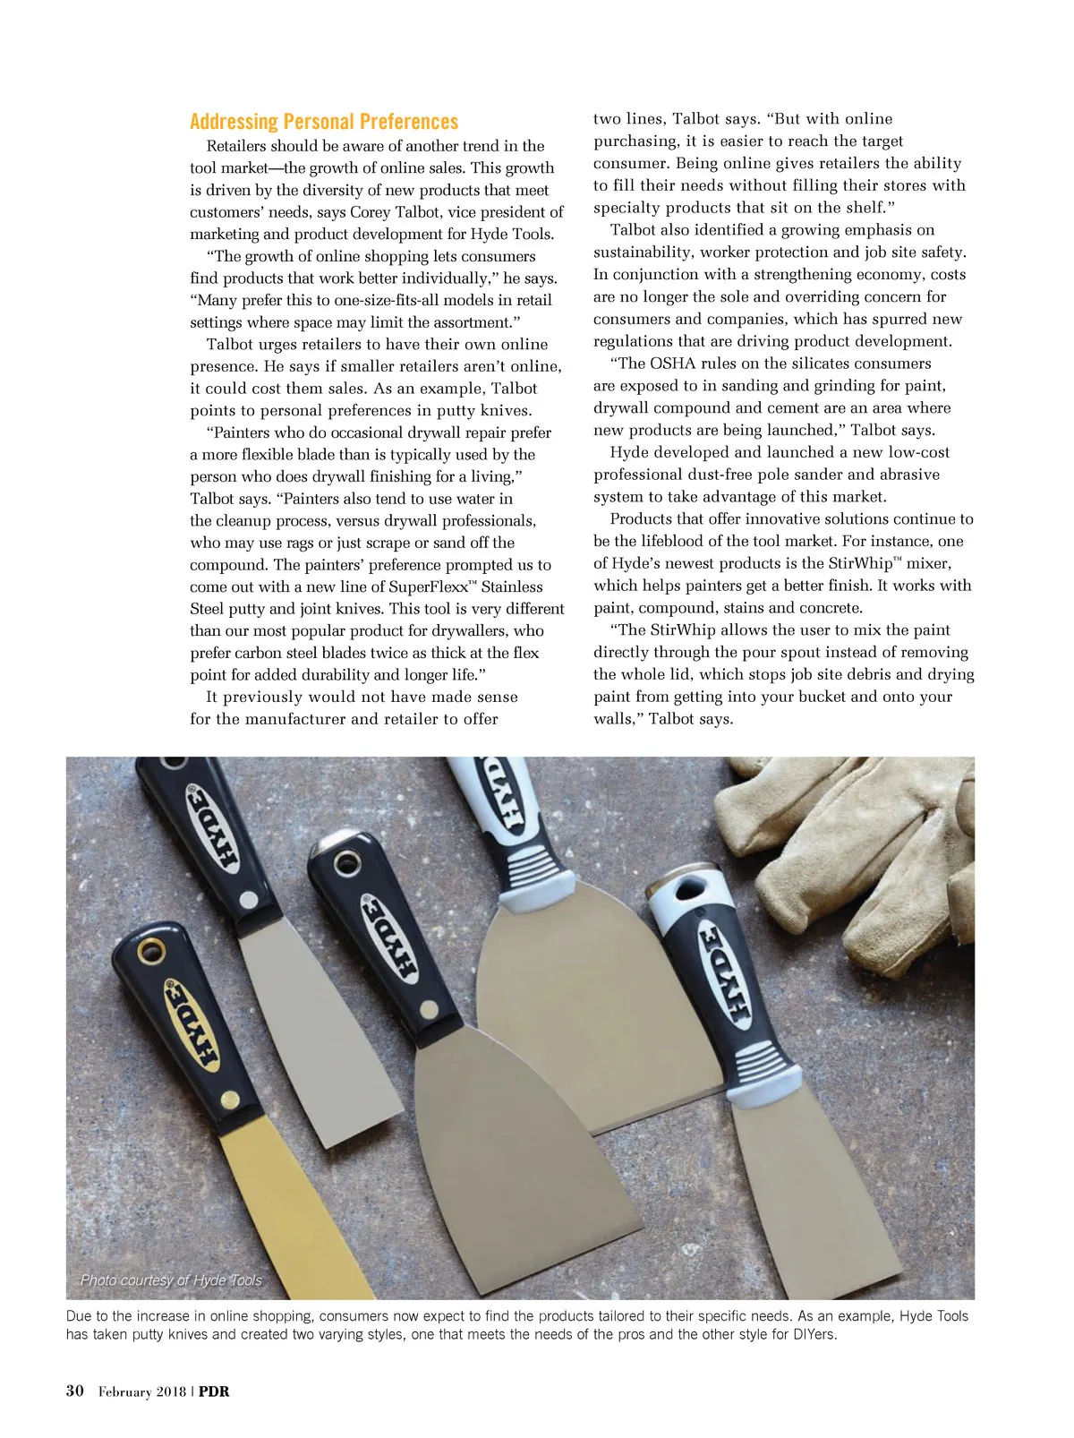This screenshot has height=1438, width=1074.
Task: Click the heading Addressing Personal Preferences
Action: [x=323, y=122]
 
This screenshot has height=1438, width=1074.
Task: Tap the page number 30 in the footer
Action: [x=75, y=1391]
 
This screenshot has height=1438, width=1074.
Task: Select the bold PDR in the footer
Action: [x=214, y=1391]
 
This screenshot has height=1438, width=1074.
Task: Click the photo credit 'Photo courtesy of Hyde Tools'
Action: [x=171, y=1280]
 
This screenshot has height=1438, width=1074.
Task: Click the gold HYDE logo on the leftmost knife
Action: [x=190, y=1025]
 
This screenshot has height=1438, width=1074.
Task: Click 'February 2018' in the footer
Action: [x=142, y=1391]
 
